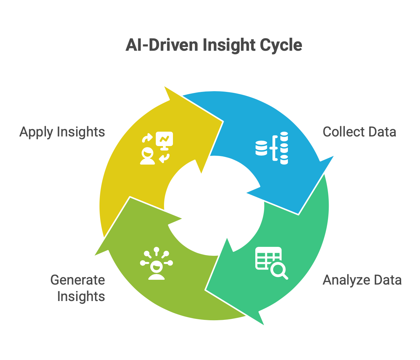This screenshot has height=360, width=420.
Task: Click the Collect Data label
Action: pos(359,132)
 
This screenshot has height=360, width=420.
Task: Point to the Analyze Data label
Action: pos(362,280)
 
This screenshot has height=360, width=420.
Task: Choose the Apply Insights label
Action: pos(62,132)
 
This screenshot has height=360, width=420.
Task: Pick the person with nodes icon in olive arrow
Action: pos(156,263)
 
